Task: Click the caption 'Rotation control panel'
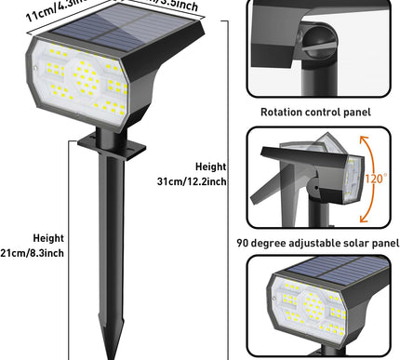tap(315, 112)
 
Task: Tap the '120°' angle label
tap(376, 178)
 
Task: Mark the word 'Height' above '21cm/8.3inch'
tap(47, 237)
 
